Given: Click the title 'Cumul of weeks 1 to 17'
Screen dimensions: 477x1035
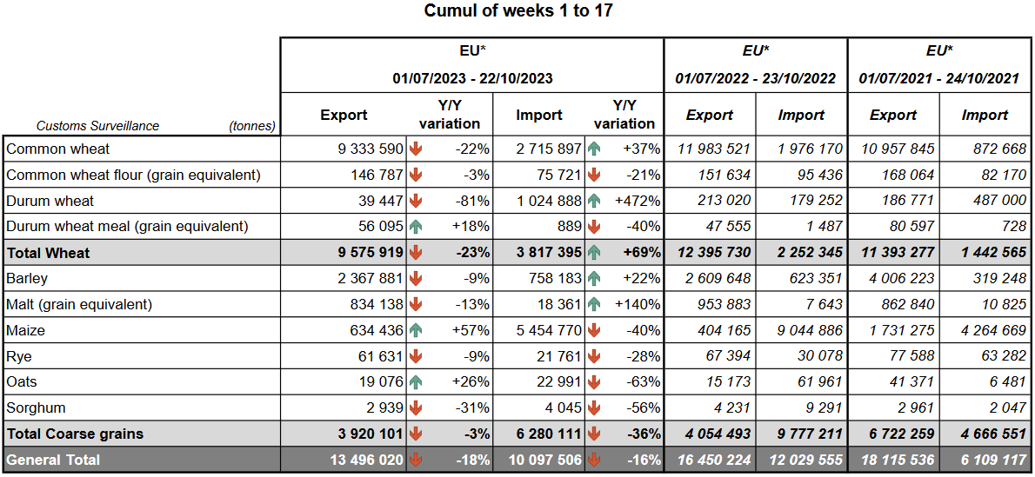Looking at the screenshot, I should [517, 11].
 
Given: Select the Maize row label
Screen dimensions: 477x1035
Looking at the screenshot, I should [26, 330].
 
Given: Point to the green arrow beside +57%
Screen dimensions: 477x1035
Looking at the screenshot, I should [416, 330].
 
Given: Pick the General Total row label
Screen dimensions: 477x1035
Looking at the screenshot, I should [53, 460].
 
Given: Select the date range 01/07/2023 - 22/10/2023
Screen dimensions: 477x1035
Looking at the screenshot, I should [471, 78].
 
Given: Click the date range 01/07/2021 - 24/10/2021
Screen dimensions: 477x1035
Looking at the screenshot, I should [938, 78].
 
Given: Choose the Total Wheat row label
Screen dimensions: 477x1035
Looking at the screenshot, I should [49, 253].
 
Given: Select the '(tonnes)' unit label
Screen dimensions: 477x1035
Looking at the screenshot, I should [252, 126].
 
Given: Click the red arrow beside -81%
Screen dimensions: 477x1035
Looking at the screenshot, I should [416, 201].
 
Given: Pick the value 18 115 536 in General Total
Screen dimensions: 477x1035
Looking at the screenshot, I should [893, 460].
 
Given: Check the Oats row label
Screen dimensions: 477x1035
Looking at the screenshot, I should [23, 381].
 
